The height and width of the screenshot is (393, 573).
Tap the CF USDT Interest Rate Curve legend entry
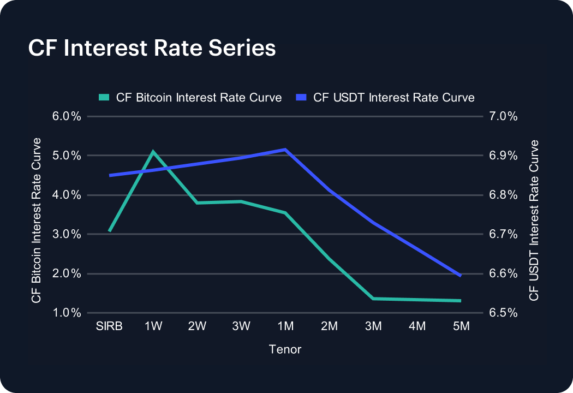386,98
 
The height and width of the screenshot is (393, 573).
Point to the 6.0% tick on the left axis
67,116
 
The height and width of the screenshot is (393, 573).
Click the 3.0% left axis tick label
67,234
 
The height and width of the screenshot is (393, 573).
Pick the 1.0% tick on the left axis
67,313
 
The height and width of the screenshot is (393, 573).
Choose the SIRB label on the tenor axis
109,326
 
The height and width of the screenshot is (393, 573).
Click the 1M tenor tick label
285,326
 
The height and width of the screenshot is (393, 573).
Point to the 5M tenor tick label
461,326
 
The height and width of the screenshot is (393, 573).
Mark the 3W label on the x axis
241,326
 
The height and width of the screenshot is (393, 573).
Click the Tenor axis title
285,349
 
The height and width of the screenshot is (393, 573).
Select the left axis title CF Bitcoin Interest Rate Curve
37,220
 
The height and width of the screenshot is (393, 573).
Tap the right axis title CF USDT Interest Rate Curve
534,220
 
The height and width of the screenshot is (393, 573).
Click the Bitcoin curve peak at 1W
153,152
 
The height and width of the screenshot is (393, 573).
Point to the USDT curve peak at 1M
285,149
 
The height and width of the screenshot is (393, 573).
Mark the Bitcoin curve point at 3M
373,299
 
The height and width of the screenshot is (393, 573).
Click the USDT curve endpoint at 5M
461,276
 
